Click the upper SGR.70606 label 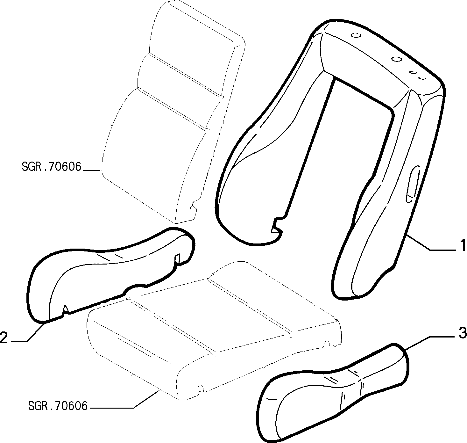click(51, 167)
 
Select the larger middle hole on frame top click(396, 58)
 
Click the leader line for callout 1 click(430, 243)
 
